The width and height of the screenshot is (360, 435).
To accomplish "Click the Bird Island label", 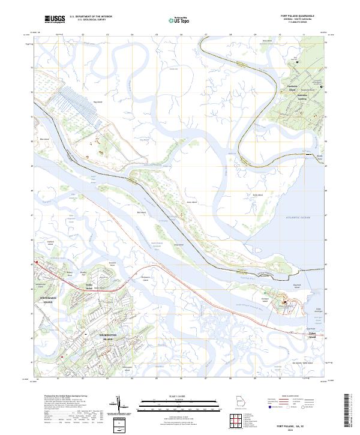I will tap(142, 212).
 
